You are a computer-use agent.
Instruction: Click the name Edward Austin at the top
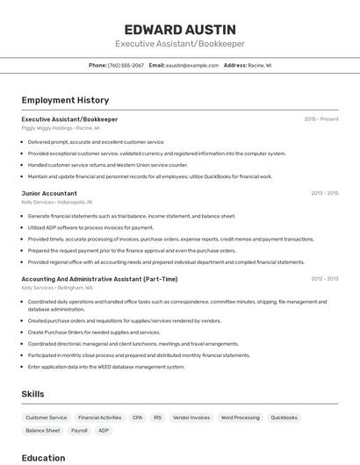(x=179, y=29)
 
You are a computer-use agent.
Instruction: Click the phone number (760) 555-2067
(x=126, y=65)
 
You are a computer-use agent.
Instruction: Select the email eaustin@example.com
(x=192, y=65)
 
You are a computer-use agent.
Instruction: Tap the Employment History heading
(x=65, y=100)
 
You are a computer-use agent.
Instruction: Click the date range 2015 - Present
(x=321, y=119)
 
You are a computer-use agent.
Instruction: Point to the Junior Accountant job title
(x=49, y=193)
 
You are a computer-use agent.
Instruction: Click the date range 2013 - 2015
(x=324, y=193)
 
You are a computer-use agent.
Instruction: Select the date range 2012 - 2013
(x=324, y=279)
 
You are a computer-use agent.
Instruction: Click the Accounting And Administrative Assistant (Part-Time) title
(x=99, y=279)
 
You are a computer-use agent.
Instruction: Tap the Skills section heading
(x=32, y=394)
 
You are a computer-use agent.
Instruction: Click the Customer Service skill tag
(x=47, y=418)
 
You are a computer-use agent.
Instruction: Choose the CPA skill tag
(x=137, y=418)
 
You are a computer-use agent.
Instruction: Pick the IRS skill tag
(x=158, y=418)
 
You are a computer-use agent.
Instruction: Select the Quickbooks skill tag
(x=284, y=418)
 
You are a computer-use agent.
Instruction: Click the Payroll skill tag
(x=79, y=431)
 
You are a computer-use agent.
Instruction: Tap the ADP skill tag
(x=104, y=431)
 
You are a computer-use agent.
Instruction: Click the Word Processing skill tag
(x=240, y=418)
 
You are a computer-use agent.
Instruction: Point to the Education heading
(x=43, y=457)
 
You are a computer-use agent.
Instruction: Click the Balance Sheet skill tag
(x=43, y=431)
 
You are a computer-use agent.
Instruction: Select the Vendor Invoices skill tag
(x=191, y=418)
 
